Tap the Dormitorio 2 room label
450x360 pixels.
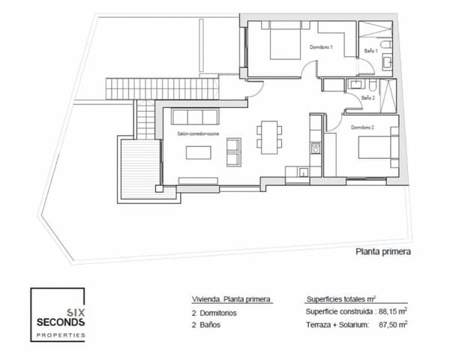tap(363, 127)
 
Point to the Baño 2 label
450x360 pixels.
tap(367, 97)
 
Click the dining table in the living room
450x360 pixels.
tap(268, 137)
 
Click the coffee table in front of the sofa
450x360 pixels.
tap(198, 153)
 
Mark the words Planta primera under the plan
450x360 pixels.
tap(382, 252)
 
